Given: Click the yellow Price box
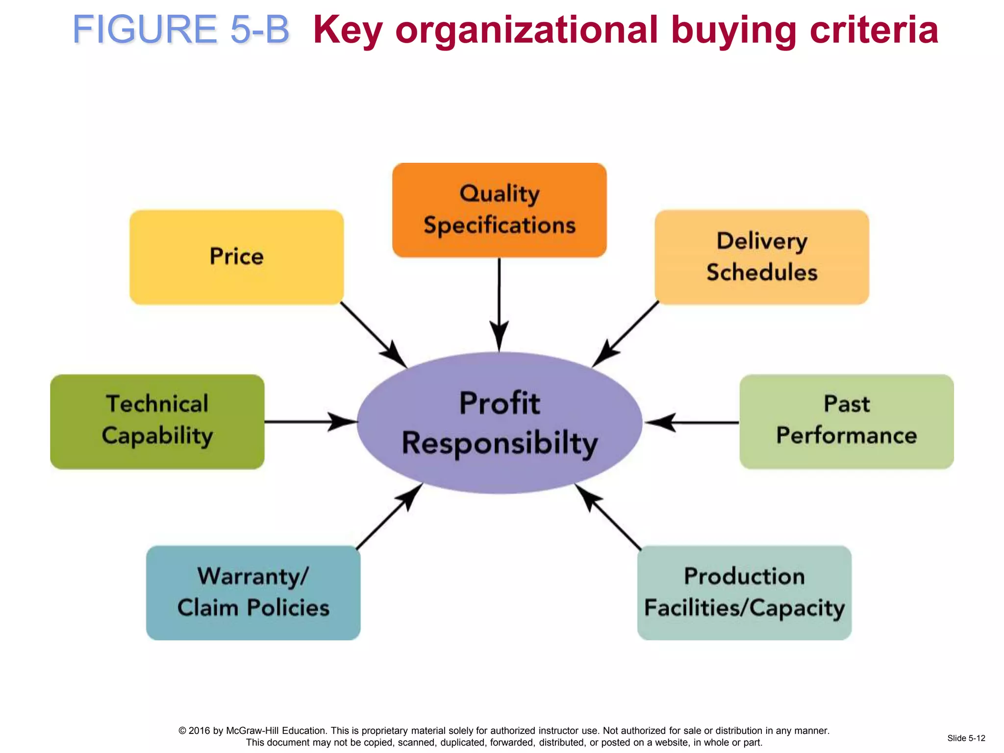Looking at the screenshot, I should point(236,257).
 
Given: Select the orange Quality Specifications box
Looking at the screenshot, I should point(499,210).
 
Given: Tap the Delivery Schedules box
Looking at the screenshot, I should point(762,257).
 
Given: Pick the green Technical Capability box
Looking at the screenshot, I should point(157,422).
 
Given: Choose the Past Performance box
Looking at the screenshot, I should point(847,422).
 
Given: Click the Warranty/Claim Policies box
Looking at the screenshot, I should point(253,593).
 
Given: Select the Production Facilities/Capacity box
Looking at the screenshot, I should point(744,593).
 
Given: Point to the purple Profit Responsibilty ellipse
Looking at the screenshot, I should point(499,423).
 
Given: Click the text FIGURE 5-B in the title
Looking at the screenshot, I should point(181,29).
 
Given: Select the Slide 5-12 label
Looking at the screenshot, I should point(966,738).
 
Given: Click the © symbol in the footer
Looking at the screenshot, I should point(182,731).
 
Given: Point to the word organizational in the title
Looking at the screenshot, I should point(526,29).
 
